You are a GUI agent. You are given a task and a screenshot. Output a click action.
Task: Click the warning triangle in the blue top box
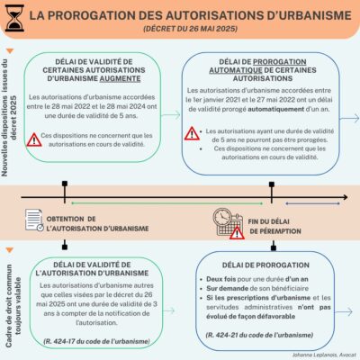pos(193,134)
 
